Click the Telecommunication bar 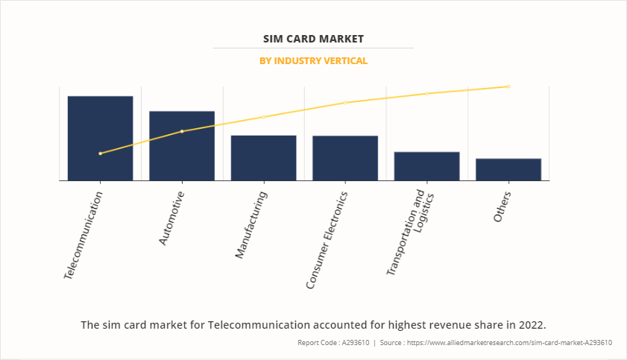click(x=100, y=138)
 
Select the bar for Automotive click(x=182, y=145)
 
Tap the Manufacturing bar click(x=263, y=157)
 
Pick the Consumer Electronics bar click(x=345, y=157)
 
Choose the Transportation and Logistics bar click(x=426, y=165)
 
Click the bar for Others click(x=508, y=169)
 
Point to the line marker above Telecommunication click(x=100, y=154)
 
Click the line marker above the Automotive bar click(x=182, y=131)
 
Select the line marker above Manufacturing click(x=263, y=117)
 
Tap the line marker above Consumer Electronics click(x=345, y=102)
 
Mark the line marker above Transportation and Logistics click(x=426, y=93)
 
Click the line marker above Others click(x=508, y=86)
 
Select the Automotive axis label click(x=171, y=218)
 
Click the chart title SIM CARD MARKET click(x=313, y=37)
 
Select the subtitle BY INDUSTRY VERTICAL click(x=313, y=60)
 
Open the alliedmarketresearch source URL click(x=498, y=343)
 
